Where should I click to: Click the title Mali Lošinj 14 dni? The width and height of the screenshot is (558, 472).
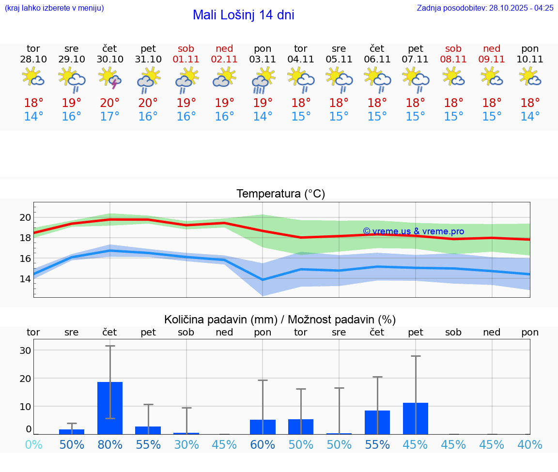243,15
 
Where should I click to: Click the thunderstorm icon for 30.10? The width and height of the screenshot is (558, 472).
110,78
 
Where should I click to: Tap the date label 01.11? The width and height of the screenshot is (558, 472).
186,59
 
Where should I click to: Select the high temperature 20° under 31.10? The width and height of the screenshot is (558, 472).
148,103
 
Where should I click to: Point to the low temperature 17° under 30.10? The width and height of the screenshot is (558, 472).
110,116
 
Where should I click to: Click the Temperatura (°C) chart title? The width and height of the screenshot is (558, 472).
280,194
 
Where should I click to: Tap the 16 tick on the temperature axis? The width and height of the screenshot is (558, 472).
25,258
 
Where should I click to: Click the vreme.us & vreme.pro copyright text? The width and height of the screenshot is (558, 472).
413,231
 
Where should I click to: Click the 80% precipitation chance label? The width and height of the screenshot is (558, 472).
110,444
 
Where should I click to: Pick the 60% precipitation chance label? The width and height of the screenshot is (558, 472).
263,444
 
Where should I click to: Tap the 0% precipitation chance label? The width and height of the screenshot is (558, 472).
33,444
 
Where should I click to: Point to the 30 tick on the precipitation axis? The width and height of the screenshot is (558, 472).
25,350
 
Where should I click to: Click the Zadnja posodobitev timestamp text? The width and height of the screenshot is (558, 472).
485,8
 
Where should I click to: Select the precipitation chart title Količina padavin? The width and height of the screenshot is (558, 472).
280,320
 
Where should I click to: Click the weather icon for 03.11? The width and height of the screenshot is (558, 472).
263,79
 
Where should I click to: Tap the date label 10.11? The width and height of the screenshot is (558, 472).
530,59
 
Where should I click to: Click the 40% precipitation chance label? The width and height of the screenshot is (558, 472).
530,444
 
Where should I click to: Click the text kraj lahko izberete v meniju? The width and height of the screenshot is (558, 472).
54,8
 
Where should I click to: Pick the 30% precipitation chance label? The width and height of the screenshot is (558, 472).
186,444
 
